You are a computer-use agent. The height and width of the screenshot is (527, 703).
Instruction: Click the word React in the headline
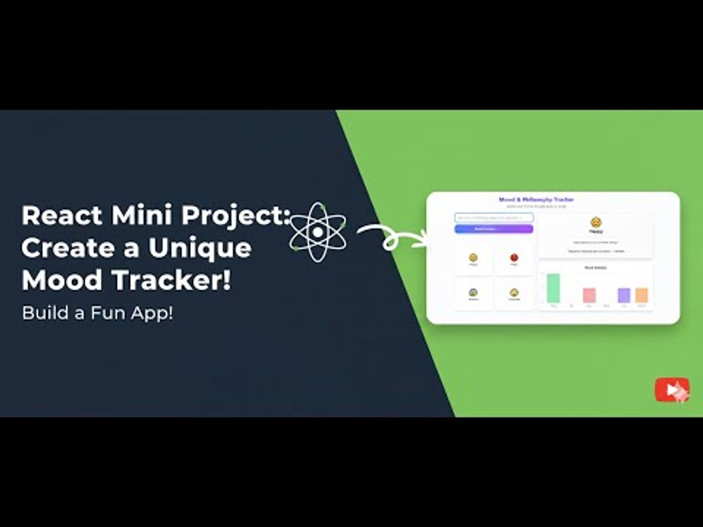62,215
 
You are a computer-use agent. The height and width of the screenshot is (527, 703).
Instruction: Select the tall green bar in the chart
553,288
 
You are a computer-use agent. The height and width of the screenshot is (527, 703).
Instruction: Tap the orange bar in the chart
641,295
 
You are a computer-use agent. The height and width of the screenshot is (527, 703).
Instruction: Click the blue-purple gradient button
494,229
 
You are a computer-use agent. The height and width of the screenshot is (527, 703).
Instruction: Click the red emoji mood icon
514,257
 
